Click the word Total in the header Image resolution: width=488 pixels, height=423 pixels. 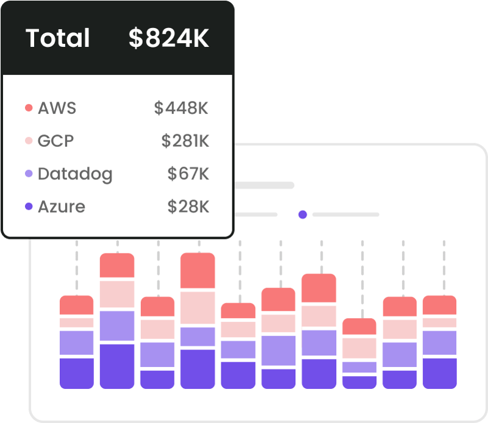(x=58, y=38)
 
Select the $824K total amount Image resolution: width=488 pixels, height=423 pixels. (x=168, y=38)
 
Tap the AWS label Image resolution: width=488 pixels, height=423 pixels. (x=57, y=108)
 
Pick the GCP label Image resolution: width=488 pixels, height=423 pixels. (x=56, y=141)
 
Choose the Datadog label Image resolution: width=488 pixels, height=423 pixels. (x=75, y=174)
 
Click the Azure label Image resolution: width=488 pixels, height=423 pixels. (x=61, y=207)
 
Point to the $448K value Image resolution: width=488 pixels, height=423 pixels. (x=181, y=108)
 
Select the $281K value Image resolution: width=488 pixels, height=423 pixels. (x=185, y=141)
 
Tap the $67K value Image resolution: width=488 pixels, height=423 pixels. (x=188, y=174)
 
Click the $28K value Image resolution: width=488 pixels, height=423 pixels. (x=188, y=207)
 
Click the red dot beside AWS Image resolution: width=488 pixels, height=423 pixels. (x=28, y=108)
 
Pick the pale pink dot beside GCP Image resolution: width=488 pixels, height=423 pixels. (x=28, y=141)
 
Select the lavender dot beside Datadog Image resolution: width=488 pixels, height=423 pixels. (x=28, y=174)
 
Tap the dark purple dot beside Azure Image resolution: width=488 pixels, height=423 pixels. (x=28, y=207)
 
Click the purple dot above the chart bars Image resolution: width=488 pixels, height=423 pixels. (x=302, y=215)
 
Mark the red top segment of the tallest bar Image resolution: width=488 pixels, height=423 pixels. (x=198, y=271)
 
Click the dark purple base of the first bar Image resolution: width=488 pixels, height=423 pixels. (x=76, y=373)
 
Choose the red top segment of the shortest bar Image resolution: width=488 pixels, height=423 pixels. (x=359, y=327)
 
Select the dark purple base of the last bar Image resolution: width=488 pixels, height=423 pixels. (x=439, y=373)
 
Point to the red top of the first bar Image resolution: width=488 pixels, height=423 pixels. (x=76, y=305)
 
